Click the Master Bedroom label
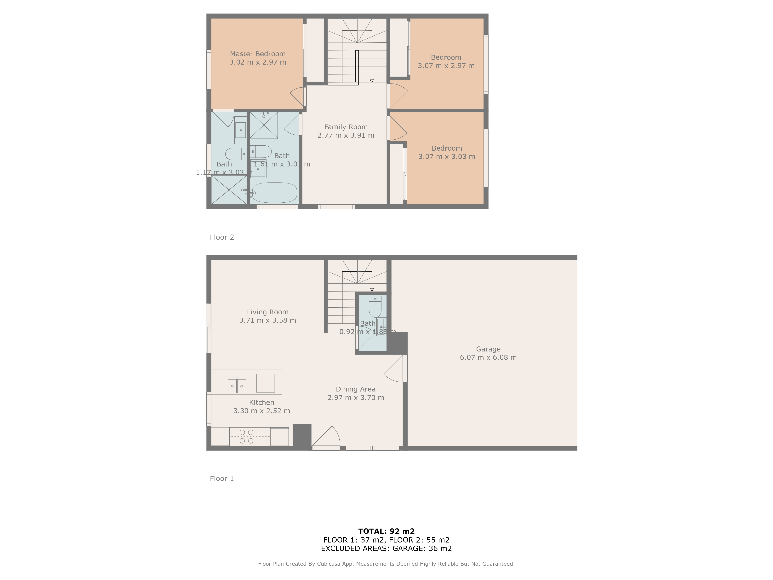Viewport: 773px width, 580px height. click(x=258, y=54)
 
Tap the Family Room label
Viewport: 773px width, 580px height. click(x=346, y=127)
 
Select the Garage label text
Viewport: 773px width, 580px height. click(x=488, y=349)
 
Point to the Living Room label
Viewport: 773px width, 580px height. click(x=268, y=312)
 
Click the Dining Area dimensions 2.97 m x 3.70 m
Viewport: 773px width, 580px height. click(x=356, y=397)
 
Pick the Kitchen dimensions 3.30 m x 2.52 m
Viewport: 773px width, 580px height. click(x=262, y=411)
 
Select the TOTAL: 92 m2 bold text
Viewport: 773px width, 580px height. click(x=386, y=531)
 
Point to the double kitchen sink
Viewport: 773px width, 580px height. click(x=237, y=386)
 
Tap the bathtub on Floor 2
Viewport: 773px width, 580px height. click(x=274, y=192)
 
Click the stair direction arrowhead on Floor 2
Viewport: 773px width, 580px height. click(x=372, y=81)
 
